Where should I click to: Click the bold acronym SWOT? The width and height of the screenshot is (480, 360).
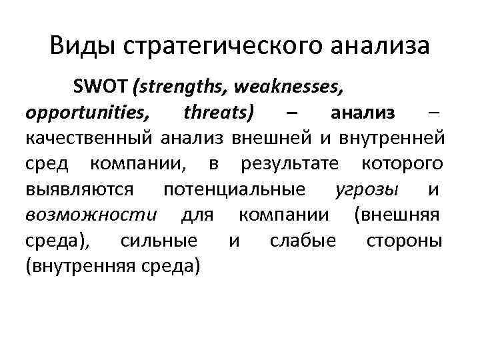pyautogui.click(x=102, y=86)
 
